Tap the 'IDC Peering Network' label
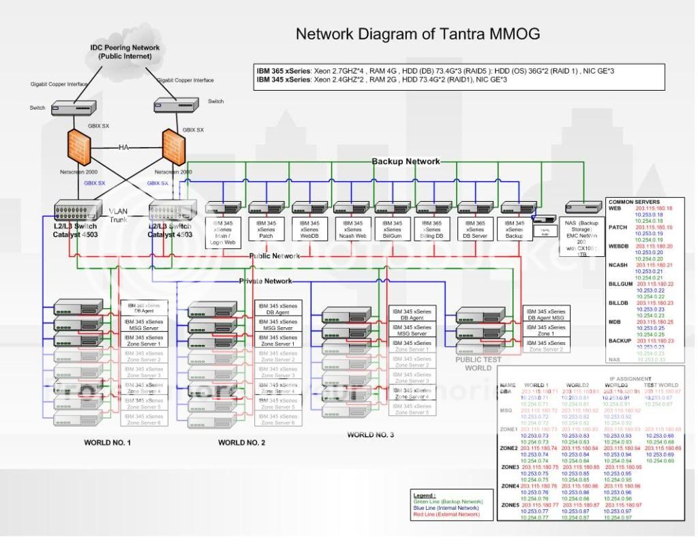tap(125, 48)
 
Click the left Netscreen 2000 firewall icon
tap(80, 147)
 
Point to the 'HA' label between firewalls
tap(124, 148)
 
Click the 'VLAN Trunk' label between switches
tap(118, 215)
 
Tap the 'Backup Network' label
tap(406, 162)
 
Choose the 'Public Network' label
tap(274, 256)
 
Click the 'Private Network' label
tap(265, 281)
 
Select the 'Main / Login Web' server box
tap(224, 232)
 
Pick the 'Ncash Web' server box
tap(352, 228)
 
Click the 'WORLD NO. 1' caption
tap(107, 442)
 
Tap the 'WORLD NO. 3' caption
tap(370, 434)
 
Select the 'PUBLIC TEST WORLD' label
tap(478, 363)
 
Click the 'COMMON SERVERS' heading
tap(633, 202)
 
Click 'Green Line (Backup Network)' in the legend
tap(442, 501)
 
